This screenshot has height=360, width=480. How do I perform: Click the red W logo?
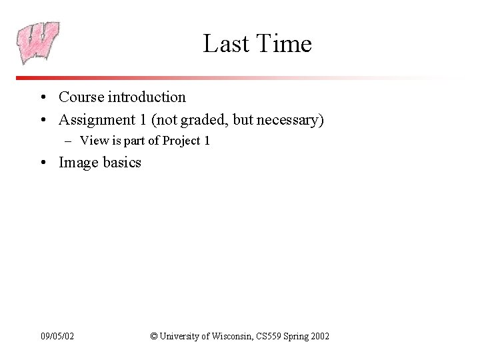point(38,42)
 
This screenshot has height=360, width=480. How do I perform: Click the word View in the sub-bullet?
point(93,141)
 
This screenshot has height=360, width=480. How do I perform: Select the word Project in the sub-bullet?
point(181,141)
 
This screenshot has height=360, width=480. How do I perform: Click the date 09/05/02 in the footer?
point(57,337)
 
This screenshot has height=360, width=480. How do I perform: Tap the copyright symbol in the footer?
point(154,337)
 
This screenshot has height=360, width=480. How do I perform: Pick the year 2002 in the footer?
point(319,337)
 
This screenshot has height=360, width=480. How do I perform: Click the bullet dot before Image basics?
point(42,163)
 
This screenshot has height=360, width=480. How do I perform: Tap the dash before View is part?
point(69,141)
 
